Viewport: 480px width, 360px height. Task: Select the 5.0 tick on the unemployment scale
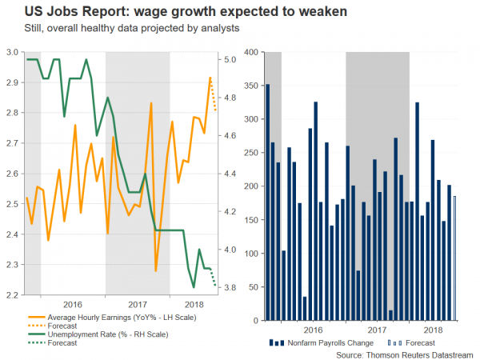230,59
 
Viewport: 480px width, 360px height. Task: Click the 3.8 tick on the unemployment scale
230,288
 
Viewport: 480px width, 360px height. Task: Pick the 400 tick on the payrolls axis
250,52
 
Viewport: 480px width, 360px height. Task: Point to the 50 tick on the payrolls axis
252,288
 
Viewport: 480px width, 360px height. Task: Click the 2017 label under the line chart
138,305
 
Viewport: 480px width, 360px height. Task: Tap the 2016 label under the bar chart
313,330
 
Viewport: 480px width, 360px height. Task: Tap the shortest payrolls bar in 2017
390,316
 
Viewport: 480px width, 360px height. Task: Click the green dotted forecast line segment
214,277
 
